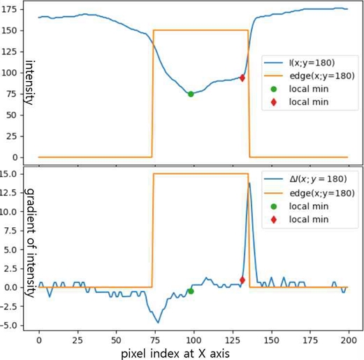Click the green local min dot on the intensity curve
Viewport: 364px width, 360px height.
pos(191,94)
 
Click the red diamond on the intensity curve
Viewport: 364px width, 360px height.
pos(242,78)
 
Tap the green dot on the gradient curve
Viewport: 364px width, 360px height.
pos(191,291)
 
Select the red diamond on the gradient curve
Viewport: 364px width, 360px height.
pos(242,280)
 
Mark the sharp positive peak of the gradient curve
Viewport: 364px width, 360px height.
pos(249,183)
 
